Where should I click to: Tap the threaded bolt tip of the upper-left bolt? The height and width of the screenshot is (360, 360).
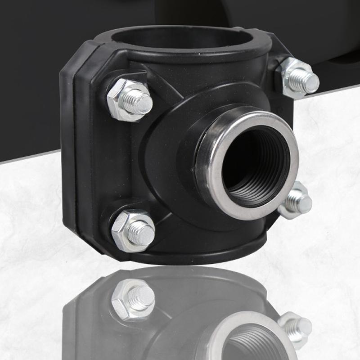(x=140, y=100)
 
